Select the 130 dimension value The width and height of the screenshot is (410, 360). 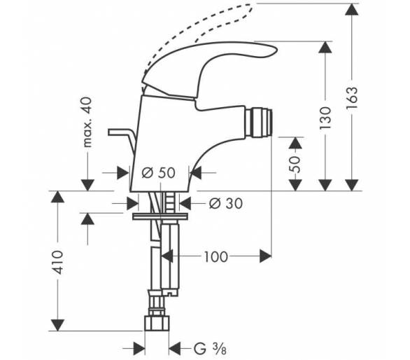(325, 118)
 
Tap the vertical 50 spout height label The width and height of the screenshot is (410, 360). (295, 164)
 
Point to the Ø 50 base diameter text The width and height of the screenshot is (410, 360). (158, 173)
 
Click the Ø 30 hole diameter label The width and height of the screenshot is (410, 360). (226, 203)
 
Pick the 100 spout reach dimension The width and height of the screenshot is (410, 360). (216, 257)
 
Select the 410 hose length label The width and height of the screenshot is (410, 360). (57, 263)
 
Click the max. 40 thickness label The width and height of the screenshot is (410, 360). (87, 122)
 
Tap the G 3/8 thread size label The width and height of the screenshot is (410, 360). (210, 349)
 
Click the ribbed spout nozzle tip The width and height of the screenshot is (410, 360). (259, 123)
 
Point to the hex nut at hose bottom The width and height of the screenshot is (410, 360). (157, 323)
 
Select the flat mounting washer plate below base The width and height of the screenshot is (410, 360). (160, 217)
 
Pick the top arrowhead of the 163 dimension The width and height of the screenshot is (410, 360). (351, 9)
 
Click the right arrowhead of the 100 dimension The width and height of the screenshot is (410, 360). (265, 256)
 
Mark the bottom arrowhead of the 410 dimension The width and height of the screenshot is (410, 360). (57, 325)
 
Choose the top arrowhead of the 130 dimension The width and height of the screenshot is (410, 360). (325, 47)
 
